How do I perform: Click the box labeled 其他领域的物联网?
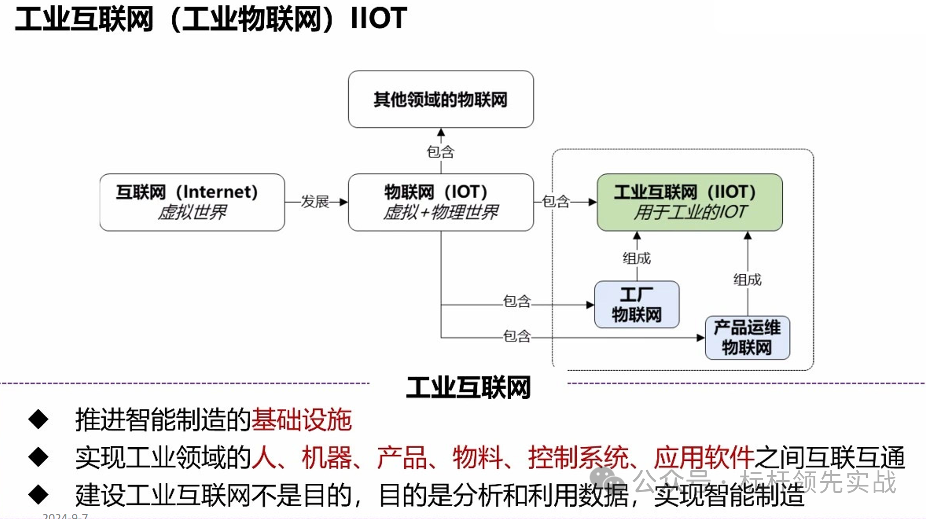(440, 99)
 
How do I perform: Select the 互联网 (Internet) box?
(192, 202)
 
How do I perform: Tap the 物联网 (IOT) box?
(440, 202)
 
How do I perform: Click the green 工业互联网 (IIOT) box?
(689, 202)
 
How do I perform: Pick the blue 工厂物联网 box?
(637, 305)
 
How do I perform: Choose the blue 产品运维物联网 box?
(747, 337)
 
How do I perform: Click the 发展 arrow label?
(315, 202)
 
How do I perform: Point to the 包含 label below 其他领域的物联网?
(440, 152)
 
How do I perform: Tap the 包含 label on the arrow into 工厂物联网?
(517, 301)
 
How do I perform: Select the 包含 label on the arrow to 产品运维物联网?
(517, 336)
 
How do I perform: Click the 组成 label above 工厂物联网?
(637, 258)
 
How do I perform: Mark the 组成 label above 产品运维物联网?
(747, 279)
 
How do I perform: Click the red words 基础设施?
(302, 419)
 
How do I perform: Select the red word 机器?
(327, 457)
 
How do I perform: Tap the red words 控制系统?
(578, 457)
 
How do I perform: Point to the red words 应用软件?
(704, 457)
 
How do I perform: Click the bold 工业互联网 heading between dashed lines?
(468, 388)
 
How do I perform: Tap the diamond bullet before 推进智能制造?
(38, 419)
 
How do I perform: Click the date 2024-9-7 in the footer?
(65, 516)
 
